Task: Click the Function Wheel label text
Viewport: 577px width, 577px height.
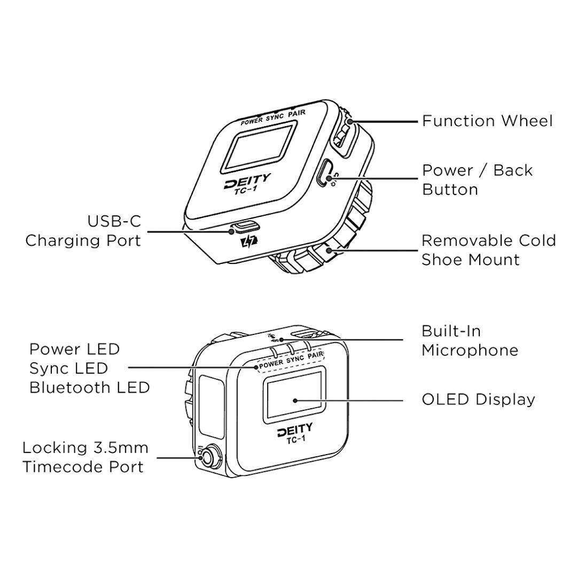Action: coord(487,121)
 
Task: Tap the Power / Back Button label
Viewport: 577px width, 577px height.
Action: coord(477,180)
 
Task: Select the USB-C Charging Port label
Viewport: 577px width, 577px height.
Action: coord(83,231)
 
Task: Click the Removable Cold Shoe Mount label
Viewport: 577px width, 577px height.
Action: coord(488,249)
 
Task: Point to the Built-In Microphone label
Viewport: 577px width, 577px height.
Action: coord(469,340)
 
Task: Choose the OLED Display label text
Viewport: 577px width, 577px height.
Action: coord(478,399)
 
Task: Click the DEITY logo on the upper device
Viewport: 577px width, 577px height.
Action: coord(247,181)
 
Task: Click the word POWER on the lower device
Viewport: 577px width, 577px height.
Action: coord(271,363)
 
